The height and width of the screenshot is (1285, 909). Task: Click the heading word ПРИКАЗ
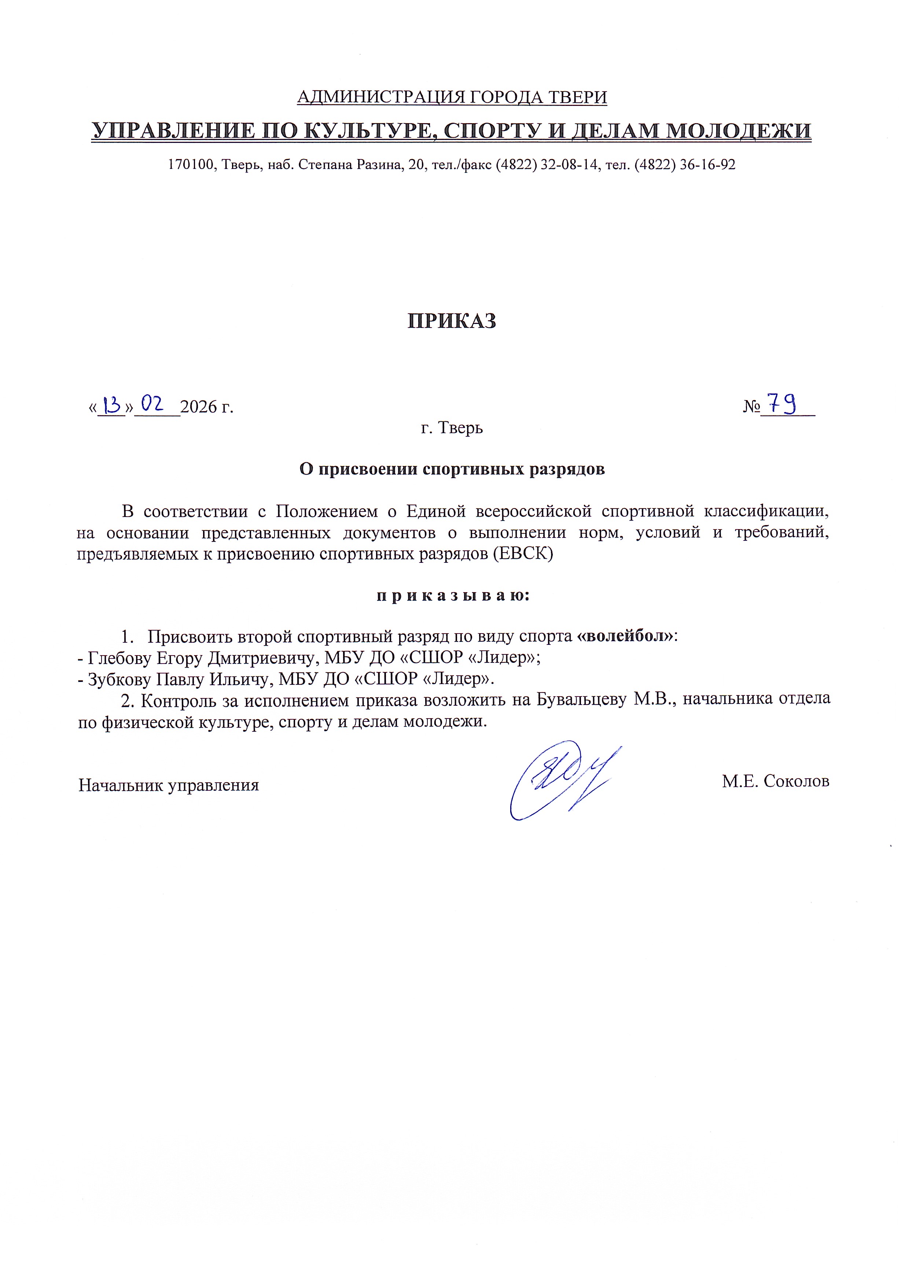click(451, 321)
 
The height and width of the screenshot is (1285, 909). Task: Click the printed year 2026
click(199, 407)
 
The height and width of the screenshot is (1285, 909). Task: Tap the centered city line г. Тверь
click(452, 428)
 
